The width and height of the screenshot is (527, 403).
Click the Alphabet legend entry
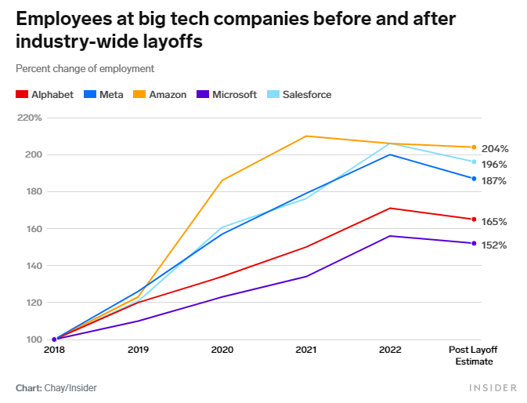tap(45, 95)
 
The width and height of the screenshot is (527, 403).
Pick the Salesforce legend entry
tap(298, 95)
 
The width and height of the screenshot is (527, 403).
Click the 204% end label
tap(494, 148)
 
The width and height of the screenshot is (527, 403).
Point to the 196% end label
tap(494, 165)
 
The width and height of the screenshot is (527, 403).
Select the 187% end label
tap(494, 181)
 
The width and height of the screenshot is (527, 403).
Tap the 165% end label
tap(494, 222)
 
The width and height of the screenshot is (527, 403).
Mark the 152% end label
tap(494, 245)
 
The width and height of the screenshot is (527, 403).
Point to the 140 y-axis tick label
tap(33, 266)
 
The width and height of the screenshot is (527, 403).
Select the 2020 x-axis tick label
tap(222, 350)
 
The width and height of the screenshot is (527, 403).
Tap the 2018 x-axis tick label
tap(54, 350)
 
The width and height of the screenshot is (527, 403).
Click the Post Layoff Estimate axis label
tap(474, 355)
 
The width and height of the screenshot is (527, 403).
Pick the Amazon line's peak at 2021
tap(306, 136)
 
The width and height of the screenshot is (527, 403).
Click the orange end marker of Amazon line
tap(474, 147)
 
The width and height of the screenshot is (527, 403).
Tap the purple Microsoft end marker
tap(474, 243)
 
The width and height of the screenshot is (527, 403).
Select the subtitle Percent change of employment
tap(85, 69)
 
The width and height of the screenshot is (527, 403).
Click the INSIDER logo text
tap(493, 388)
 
